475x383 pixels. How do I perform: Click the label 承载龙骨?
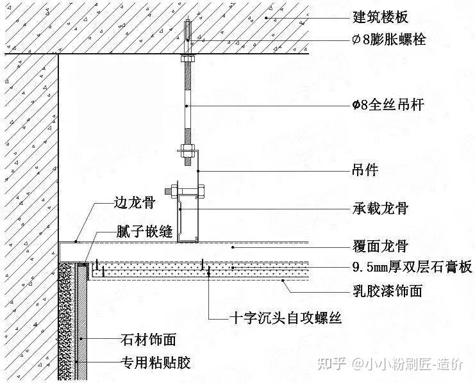tap(380, 208)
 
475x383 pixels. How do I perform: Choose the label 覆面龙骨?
tap(380, 246)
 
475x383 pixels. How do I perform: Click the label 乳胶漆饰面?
tap(388, 291)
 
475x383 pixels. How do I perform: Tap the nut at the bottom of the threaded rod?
tap(187, 152)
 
